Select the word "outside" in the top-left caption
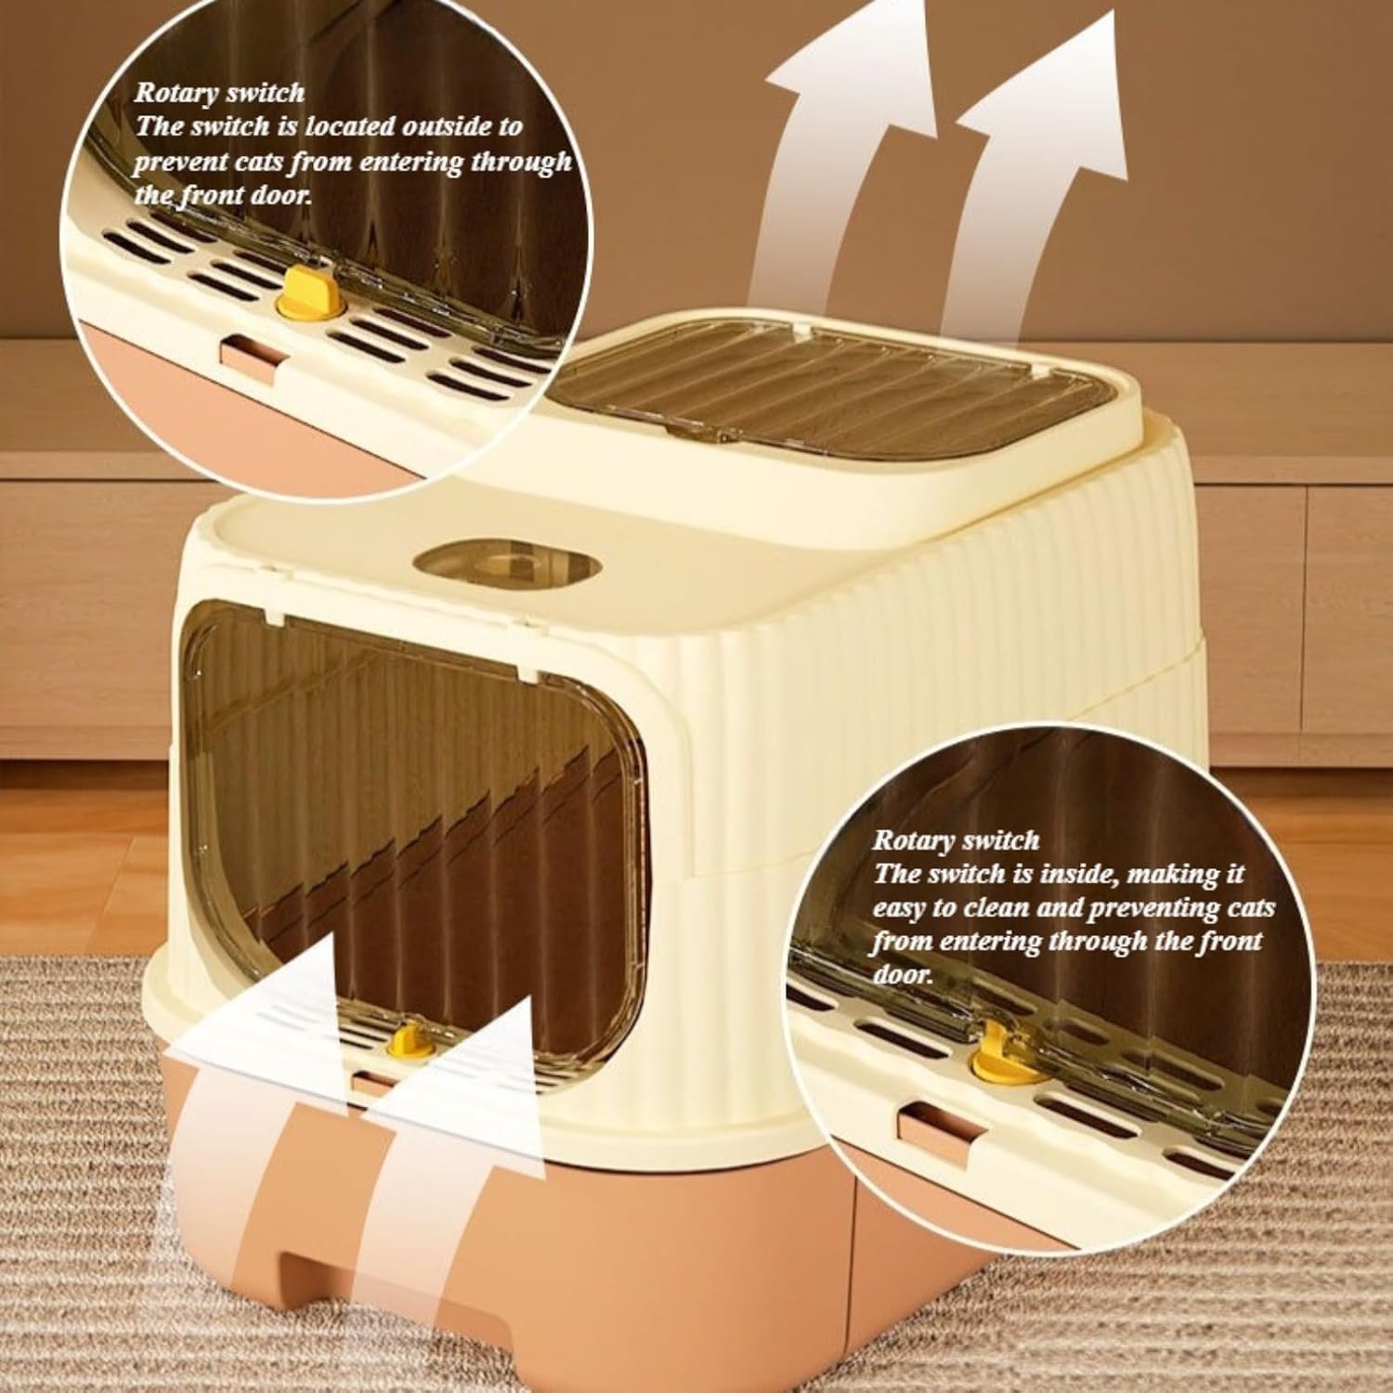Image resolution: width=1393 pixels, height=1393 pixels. pyautogui.click(x=467, y=126)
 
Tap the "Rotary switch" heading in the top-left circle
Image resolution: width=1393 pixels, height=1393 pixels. pyautogui.click(x=219, y=93)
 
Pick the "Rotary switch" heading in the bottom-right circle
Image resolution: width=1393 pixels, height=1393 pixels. pyautogui.click(x=956, y=841)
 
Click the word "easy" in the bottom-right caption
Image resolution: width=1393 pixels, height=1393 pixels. pyautogui.click(x=903, y=910)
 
